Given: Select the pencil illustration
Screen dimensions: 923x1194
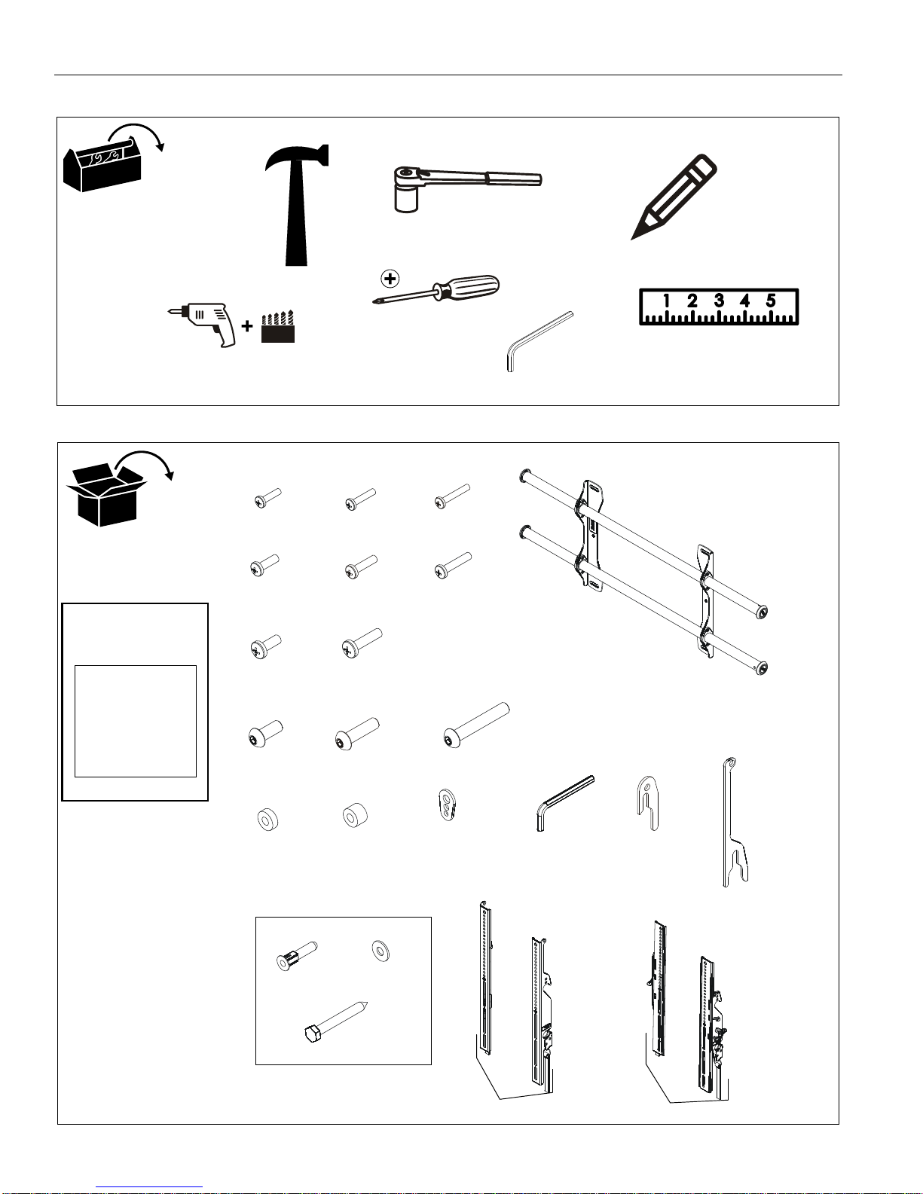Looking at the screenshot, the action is click(674, 197).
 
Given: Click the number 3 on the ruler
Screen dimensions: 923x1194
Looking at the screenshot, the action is click(719, 301).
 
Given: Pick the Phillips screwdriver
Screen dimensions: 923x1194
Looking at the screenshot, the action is click(436, 289).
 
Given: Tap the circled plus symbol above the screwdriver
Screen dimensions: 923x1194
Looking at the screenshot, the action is click(390, 279).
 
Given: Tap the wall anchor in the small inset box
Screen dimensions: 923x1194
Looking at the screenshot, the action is click(296, 955).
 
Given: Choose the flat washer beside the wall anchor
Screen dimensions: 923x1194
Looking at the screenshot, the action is click(381, 951).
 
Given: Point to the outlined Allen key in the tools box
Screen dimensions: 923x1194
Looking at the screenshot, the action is click(539, 341).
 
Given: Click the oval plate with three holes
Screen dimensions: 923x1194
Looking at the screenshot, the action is click(448, 805).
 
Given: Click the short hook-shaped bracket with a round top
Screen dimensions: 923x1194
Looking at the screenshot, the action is click(648, 803).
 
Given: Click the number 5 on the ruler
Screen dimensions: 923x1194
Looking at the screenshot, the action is click(771, 301).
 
